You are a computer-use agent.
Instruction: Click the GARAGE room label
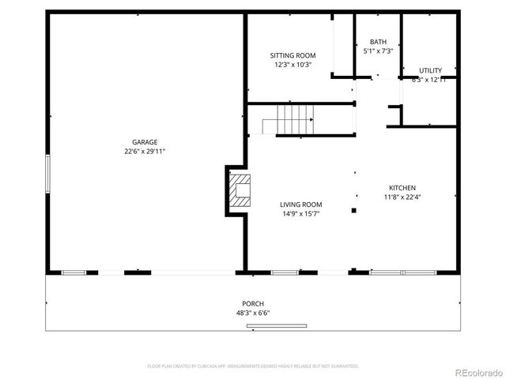coord(145,142)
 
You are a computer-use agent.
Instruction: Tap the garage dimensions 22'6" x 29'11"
coord(145,151)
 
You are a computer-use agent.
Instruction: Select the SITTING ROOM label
coord(293,55)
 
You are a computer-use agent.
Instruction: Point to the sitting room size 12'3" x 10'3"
coord(293,65)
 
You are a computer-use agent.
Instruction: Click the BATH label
coord(378,42)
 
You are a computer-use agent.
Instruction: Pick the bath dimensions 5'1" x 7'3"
coord(378,51)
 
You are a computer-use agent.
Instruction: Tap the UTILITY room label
coord(430,70)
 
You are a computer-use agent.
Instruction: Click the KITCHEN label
coord(402,188)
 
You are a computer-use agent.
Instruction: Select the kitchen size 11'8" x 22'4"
coord(402,197)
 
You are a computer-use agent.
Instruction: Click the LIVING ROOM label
coord(300,205)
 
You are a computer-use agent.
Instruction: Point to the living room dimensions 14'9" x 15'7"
coord(300,214)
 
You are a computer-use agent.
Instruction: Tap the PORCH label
coord(253,303)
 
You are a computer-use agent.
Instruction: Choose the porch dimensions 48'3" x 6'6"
coord(253,313)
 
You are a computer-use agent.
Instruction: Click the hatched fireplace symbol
coord(240,190)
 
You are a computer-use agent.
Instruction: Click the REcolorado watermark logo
coord(476,372)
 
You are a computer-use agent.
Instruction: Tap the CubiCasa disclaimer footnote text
coord(253,366)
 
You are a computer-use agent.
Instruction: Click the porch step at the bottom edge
coord(277,326)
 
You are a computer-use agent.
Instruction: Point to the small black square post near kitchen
coord(353,210)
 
